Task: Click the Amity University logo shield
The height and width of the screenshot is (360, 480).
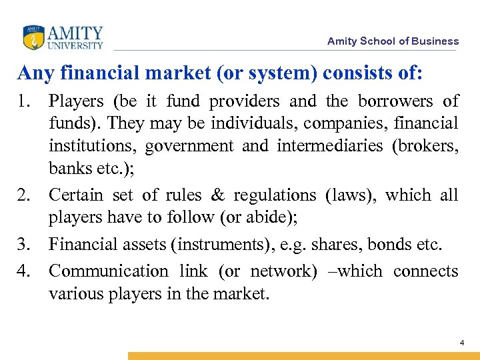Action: (33, 37)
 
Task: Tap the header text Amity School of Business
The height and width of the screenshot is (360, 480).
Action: (393, 41)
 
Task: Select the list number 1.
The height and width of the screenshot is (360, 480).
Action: (27, 101)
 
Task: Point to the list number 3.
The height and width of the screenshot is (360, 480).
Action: (27, 245)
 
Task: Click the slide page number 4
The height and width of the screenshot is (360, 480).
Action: (461, 343)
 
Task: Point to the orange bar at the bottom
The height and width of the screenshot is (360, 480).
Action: (303, 356)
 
